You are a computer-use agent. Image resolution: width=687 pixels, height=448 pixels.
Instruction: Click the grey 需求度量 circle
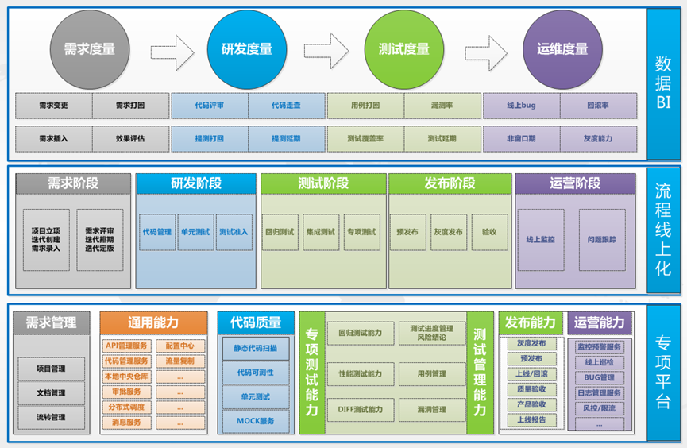[89, 49]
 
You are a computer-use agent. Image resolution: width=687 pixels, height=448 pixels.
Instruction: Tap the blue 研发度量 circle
[246, 49]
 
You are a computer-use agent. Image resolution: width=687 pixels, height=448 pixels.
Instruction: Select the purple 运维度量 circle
[562, 49]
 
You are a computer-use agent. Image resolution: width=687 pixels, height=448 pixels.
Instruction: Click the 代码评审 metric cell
[210, 105]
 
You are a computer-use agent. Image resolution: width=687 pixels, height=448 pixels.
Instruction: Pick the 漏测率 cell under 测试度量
[442, 105]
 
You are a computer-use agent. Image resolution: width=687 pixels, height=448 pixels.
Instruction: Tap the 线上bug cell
[521, 105]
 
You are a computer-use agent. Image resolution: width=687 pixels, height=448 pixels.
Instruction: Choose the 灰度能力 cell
[597, 138]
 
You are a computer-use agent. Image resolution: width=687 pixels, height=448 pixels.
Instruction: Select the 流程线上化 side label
[662, 230]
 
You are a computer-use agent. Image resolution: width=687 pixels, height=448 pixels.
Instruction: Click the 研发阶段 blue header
[196, 183]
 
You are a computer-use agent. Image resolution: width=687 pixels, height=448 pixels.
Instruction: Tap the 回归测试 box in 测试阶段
[281, 232]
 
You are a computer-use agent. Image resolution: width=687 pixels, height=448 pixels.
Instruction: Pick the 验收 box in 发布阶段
[489, 232]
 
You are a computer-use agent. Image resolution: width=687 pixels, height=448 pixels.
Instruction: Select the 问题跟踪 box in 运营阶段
[601, 238]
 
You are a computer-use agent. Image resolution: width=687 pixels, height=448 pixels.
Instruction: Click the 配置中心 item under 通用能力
[180, 346]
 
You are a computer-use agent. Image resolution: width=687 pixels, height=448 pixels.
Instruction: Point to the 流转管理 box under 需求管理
[51, 417]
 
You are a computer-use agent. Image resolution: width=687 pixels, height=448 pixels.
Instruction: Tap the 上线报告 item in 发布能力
[531, 420]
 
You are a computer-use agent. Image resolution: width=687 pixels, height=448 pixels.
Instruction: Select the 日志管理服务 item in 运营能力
[600, 393]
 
